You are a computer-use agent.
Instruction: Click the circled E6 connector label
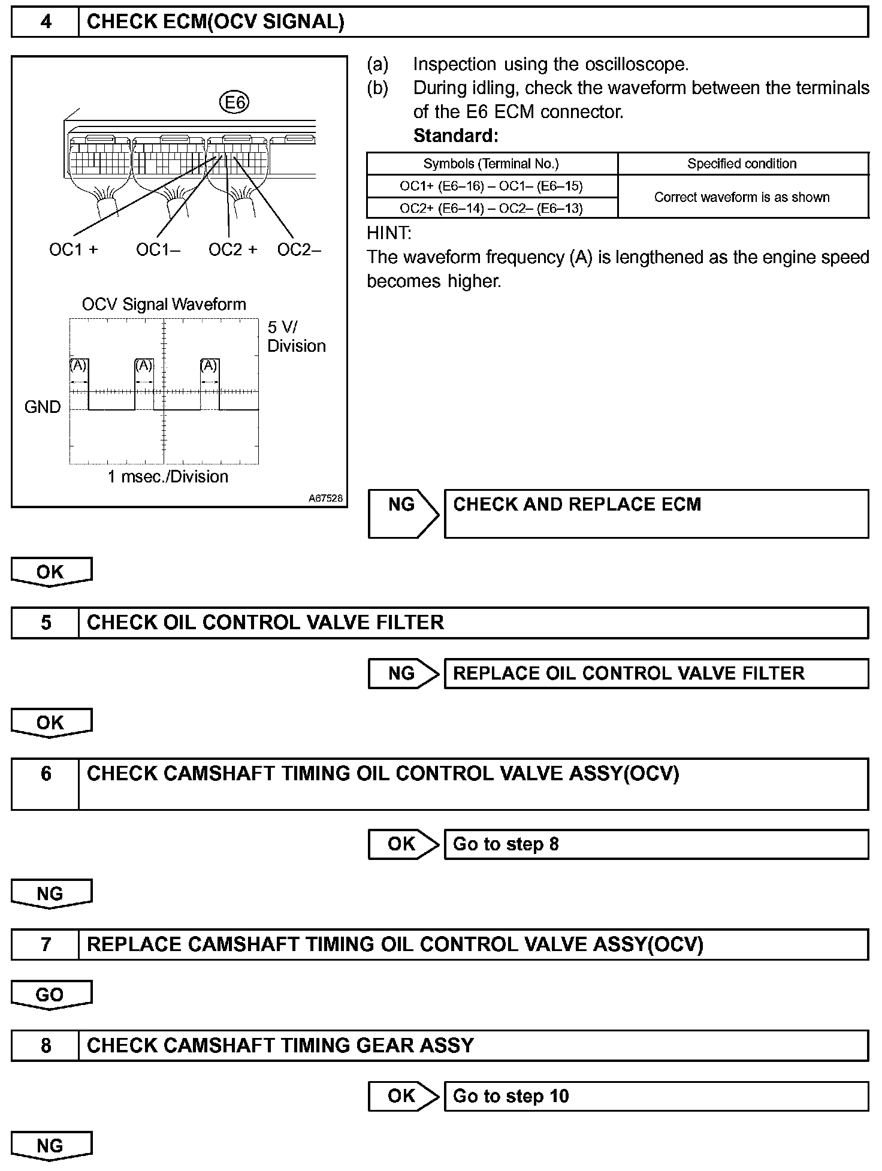(x=235, y=102)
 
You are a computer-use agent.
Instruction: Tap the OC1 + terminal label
(x=73, y=249)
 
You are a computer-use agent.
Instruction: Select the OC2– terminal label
(x=299, y=249)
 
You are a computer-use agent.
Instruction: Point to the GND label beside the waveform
(x=43, y=408)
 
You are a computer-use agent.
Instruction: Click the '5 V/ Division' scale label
(x=296, y=336)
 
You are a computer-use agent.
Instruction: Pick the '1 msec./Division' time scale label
(x=168, y=477)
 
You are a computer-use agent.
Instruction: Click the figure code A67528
(x=326, y=498)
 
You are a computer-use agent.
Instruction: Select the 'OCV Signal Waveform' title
(x=164, y=304)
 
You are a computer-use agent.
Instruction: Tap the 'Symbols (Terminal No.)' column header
(x=491, y=164)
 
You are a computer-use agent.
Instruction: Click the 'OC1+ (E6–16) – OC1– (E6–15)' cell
(x=491, y=186)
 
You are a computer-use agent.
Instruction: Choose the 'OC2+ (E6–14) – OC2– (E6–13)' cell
(x=491, y=208)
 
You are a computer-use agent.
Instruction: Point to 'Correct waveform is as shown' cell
(x=742, y=197)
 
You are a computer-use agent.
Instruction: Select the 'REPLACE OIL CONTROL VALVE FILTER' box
(x=656, y=673)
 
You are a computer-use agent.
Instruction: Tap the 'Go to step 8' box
(x=656, y=844)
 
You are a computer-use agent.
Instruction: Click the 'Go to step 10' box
(x=656, y=1096)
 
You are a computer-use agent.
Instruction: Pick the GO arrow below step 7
(x=50, y=995)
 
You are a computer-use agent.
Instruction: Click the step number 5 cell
(x=46, y=623)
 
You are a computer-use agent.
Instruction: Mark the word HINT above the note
(x=388, y=233)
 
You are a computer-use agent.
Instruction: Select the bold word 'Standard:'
(x=455, y=136)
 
